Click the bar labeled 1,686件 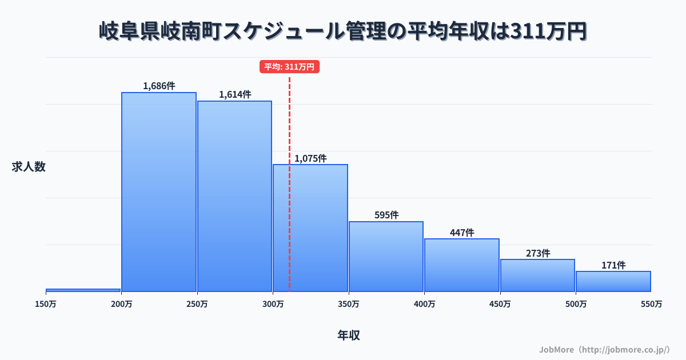pyautogui.click(x=159, y=192)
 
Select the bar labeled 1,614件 pyautogui.click(x=234, y=197)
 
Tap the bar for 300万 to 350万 pyautogui.click(x=310, y=228)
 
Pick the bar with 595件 pyautogui.click(x=386, y=257)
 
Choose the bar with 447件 pyautogui.click(x=462, y=265)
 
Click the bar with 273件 pyautogui.click(x=538, y=275)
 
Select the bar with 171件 pyautogui.click(x=613, y=282)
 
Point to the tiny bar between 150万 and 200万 pyautogui.click(x=83, y=290)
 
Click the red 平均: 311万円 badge pyautogui.click(x=289, y=67)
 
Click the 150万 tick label pyautogui.click(x=46, y=305)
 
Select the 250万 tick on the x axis pyautogui.click(x=197, y=305)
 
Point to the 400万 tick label pyautogui.click(x=424, y=305)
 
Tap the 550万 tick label pyautogui.click(x=651, y=305)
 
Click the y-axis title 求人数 pyautogui.click(x=28, y=167)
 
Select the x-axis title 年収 pyautogui.click(x=349, y=335)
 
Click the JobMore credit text pyautogui.click(x=604, y=349)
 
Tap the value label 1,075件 pyautogui.click(x=310, y=158)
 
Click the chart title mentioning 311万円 pyautogui.click(x=343, y=31)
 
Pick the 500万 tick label pyautogui.click(x=576, y=305)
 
